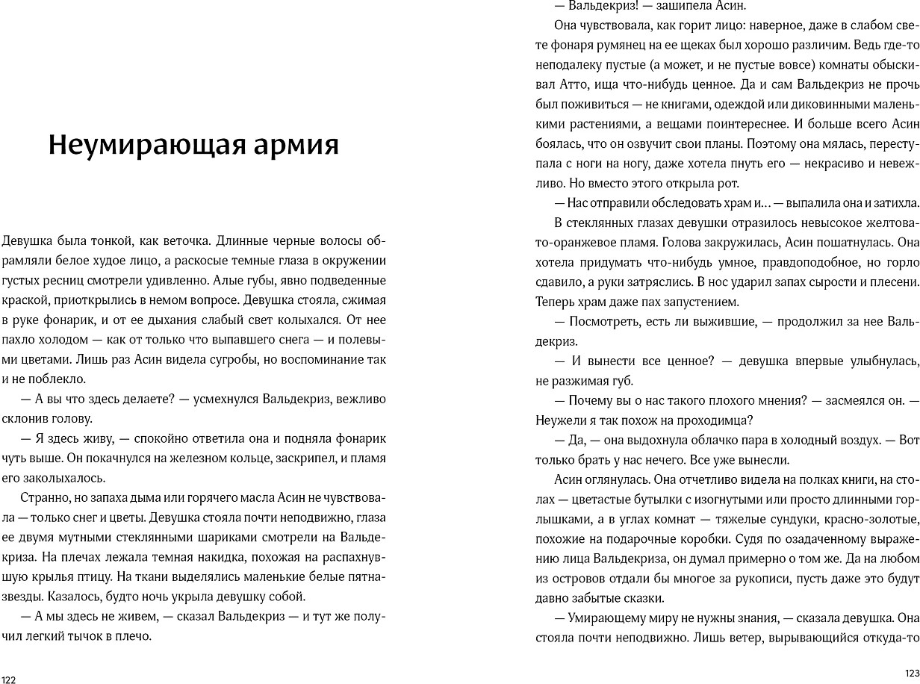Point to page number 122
pyautogui.click(x=8, y=679)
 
